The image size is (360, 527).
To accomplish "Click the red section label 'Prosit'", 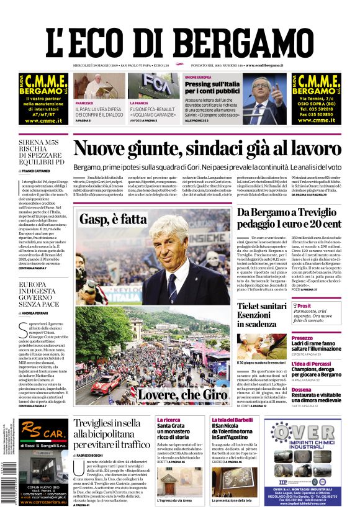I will (x=304, y=306).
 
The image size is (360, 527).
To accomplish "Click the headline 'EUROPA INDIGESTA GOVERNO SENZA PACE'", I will (x=41, y=294).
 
